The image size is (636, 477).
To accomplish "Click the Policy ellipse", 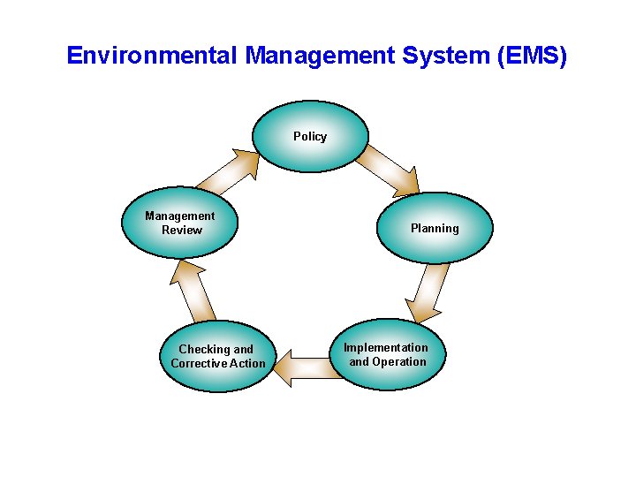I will pos(309,136).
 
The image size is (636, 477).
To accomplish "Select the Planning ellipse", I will pos(435,228).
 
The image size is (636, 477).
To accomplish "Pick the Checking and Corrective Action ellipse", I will pos(217,356).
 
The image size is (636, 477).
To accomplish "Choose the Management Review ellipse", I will pos(180,223).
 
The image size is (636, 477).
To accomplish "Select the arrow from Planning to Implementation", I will pos(432,292).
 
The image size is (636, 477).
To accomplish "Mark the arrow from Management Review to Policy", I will pos(229,171).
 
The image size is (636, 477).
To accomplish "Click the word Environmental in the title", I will pos(152,57).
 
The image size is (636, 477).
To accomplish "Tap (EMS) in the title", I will pos(533,57).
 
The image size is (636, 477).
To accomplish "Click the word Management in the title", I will pos(319,57).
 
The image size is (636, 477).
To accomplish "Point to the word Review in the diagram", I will pos(182,230).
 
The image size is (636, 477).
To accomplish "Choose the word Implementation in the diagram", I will pos(386,347).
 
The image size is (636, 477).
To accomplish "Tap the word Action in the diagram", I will pos(247,363).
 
